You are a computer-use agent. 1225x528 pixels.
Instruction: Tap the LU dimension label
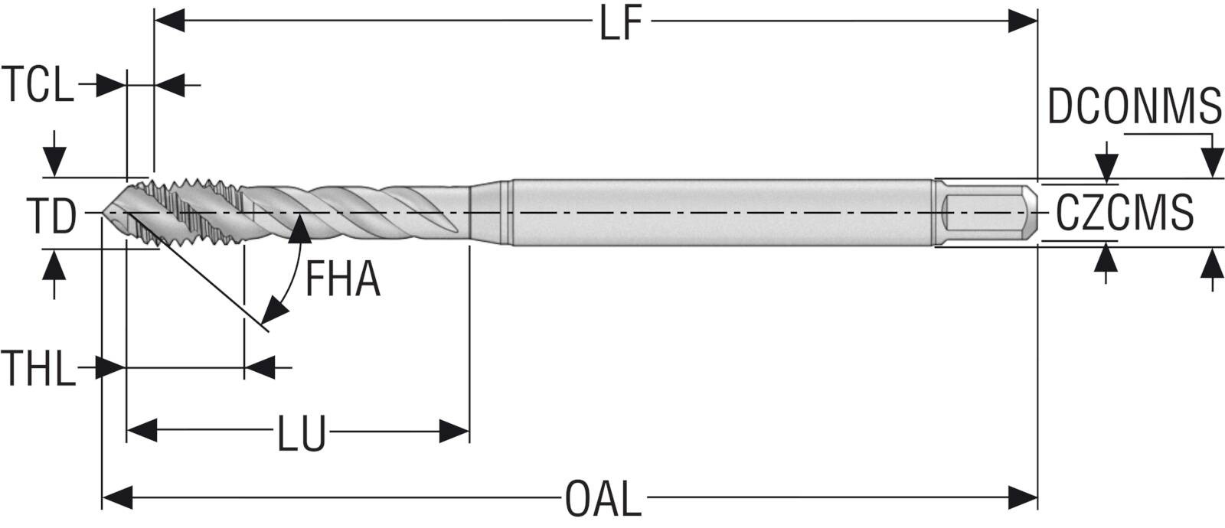pos(301,432)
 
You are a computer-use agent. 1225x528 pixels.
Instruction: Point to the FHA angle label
pos(342,279)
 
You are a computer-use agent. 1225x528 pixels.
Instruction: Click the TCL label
pos(38,85)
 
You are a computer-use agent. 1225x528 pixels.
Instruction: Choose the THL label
pos(38,368)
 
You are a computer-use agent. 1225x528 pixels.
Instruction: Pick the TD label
pos(52,215)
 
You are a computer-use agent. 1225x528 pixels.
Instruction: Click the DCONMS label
pos(1134,106)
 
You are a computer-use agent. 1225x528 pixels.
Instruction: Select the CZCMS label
pos(1125,213)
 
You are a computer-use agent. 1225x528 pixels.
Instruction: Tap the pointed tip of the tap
pos(104,212)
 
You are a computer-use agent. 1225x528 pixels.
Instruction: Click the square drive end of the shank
pos(987,213)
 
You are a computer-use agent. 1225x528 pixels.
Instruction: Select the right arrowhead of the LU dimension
pos(454,431)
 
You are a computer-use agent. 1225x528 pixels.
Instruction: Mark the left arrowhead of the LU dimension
pos(142,431)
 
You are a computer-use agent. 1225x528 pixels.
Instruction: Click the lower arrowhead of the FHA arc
pos(274,311)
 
